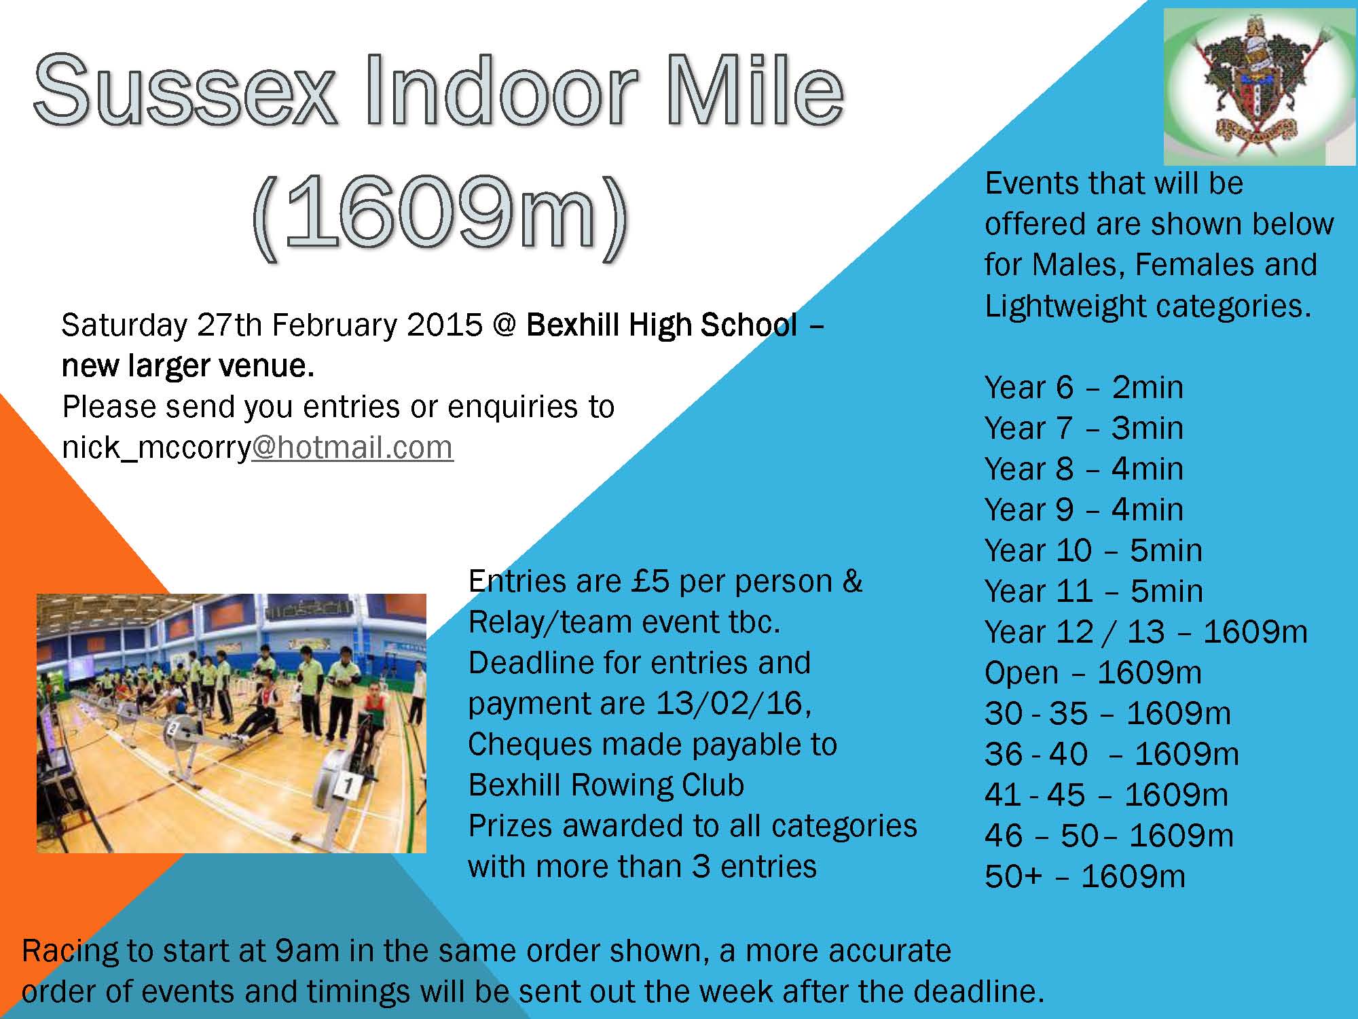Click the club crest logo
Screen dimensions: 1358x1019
(1260, 86)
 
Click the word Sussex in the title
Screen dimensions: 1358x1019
(185, 90)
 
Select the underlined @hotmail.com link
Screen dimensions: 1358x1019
(352, 447)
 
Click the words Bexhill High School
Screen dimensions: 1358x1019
(662, 325)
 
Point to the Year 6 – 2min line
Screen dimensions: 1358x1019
(1084, 387)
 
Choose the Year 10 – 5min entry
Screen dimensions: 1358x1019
(1093, 550)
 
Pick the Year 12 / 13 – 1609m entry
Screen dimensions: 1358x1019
(1146, 632)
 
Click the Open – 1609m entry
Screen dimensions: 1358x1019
(1093, 673)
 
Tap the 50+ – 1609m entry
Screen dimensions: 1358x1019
(1085, 876)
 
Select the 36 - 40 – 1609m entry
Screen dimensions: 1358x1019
(1112, 754)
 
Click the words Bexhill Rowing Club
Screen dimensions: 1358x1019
(606, 785)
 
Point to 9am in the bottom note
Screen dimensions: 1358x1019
(307, 950)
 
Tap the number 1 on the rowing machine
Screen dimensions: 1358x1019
(348, 786)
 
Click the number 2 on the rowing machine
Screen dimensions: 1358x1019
(173, 728)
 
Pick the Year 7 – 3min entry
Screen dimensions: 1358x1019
(1084, 428)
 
